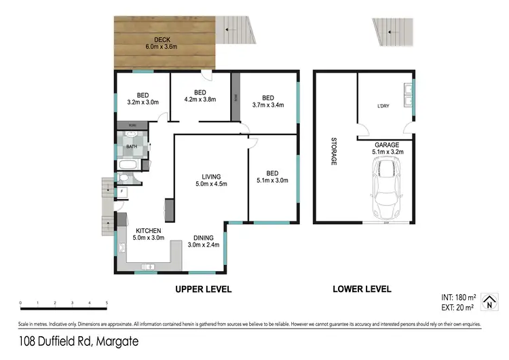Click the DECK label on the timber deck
tap(161, 39)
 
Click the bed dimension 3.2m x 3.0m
tap(143, 103)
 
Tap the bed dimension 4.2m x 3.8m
tap(200, 100)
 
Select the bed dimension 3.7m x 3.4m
tap(268, 105)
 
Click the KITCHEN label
tap(147, 231)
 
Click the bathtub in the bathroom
tap(129, 165)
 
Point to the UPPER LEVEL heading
tap(204, 289)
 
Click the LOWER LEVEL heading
tap(362, 289)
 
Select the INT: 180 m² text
tap(459, 298)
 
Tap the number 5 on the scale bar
tap(107, 304)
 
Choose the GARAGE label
tap(386, 145)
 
